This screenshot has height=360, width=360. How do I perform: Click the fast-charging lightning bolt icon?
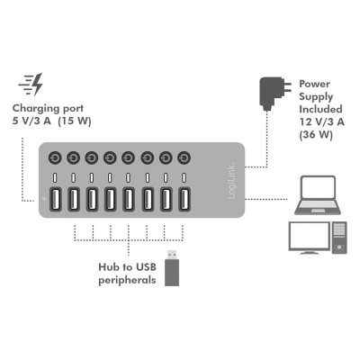point(31,84)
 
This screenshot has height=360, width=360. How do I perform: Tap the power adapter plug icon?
point(275,94)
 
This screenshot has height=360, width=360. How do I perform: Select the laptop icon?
point(318,195)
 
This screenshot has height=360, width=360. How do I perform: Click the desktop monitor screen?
point(309,236)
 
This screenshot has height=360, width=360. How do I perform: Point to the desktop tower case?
point(339,238)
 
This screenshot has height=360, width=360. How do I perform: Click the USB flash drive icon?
point(172,268)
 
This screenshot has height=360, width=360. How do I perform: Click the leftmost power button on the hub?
point(55,157)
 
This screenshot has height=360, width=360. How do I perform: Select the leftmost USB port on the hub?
point(55,199)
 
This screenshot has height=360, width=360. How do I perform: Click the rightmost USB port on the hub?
point(184,199)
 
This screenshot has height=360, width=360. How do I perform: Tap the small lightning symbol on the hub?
point(44,199)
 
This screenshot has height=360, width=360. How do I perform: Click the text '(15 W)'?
point(75,121)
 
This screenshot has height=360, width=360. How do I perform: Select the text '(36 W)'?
point(316,135)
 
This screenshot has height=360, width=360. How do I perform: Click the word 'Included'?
point(320,109)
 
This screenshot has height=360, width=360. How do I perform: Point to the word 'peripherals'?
point(127,281)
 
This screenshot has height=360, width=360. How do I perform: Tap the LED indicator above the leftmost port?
point(55,177)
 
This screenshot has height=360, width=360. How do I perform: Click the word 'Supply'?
point(316,97)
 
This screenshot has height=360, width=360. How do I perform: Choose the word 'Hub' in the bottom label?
point(110,266)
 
